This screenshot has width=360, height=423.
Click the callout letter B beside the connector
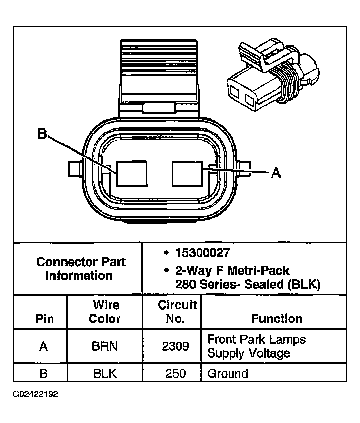click(x=42, y=134)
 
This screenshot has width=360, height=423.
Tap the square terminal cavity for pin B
click(x=131, y=173)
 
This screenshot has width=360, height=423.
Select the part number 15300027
click(x=202, y=253)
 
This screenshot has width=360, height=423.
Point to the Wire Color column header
click(x=104, y=312)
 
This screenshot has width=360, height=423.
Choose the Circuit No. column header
click(x=177, y=312)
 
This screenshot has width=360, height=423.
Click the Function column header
click(x=277, y=319)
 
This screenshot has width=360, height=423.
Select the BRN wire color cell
click(x=104, y=346)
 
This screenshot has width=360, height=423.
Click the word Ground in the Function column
click(x=228, y=374)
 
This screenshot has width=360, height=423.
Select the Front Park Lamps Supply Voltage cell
click(x=256, y=346)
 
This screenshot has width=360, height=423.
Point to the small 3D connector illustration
click(x=272, y=74)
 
